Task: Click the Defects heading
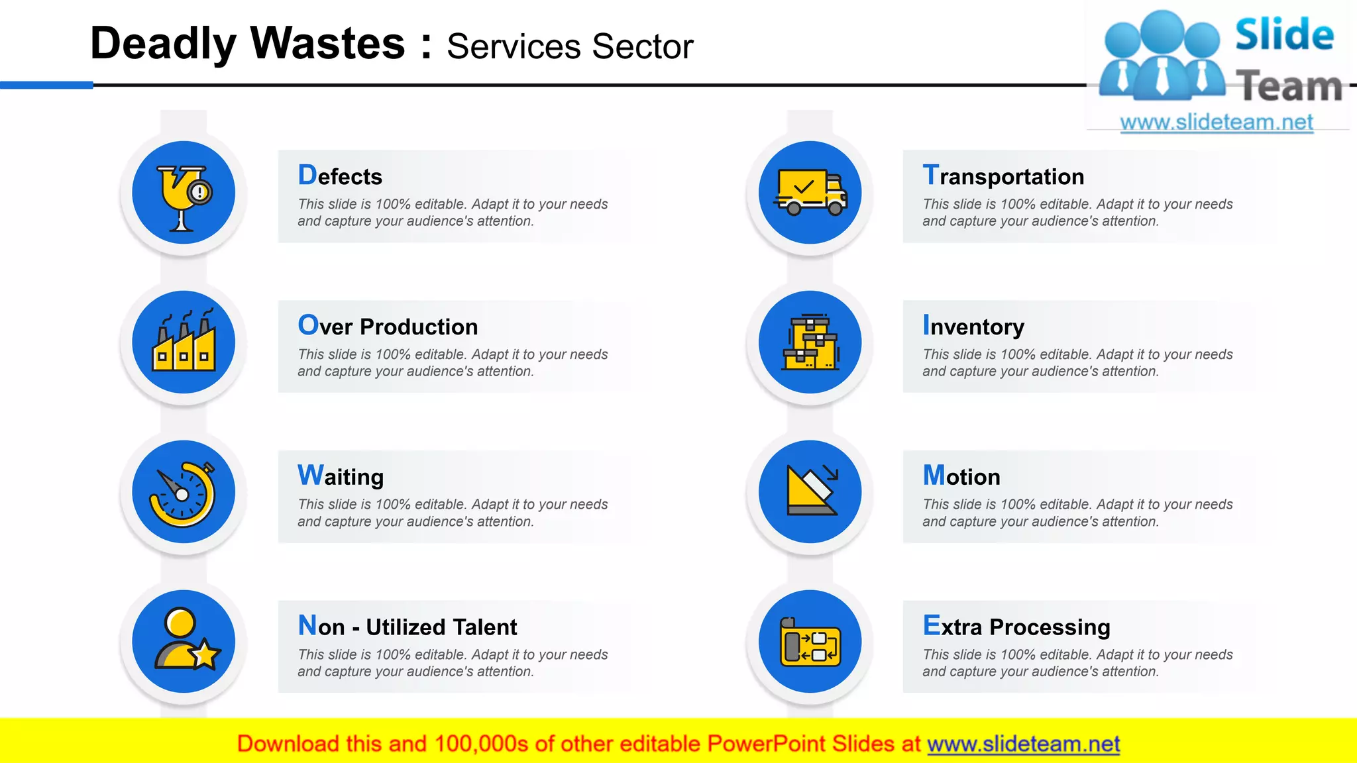(x=340, y=176)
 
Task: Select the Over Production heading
(x=388, y=327)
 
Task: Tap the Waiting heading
(x=341, y=476)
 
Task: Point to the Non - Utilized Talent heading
(x=407, y=627)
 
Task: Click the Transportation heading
(x=1003, y=176)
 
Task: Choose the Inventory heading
(x=973, y=327)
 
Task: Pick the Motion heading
(x=961, y=476)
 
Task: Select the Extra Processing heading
(x=1016, y=627)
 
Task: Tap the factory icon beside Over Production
(x=184, y=342)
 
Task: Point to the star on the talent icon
(x=205, y=655)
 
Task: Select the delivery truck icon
(x=810, y=192)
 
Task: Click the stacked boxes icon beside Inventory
(x=810, y=342)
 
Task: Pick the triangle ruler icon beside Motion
(x=810, y=492)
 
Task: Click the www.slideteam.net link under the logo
(x=1217, y=123)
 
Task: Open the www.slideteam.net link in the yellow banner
(x=1023, y=744)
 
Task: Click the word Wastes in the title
(x=327, y=44)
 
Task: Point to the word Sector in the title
(x=642, y=47)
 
